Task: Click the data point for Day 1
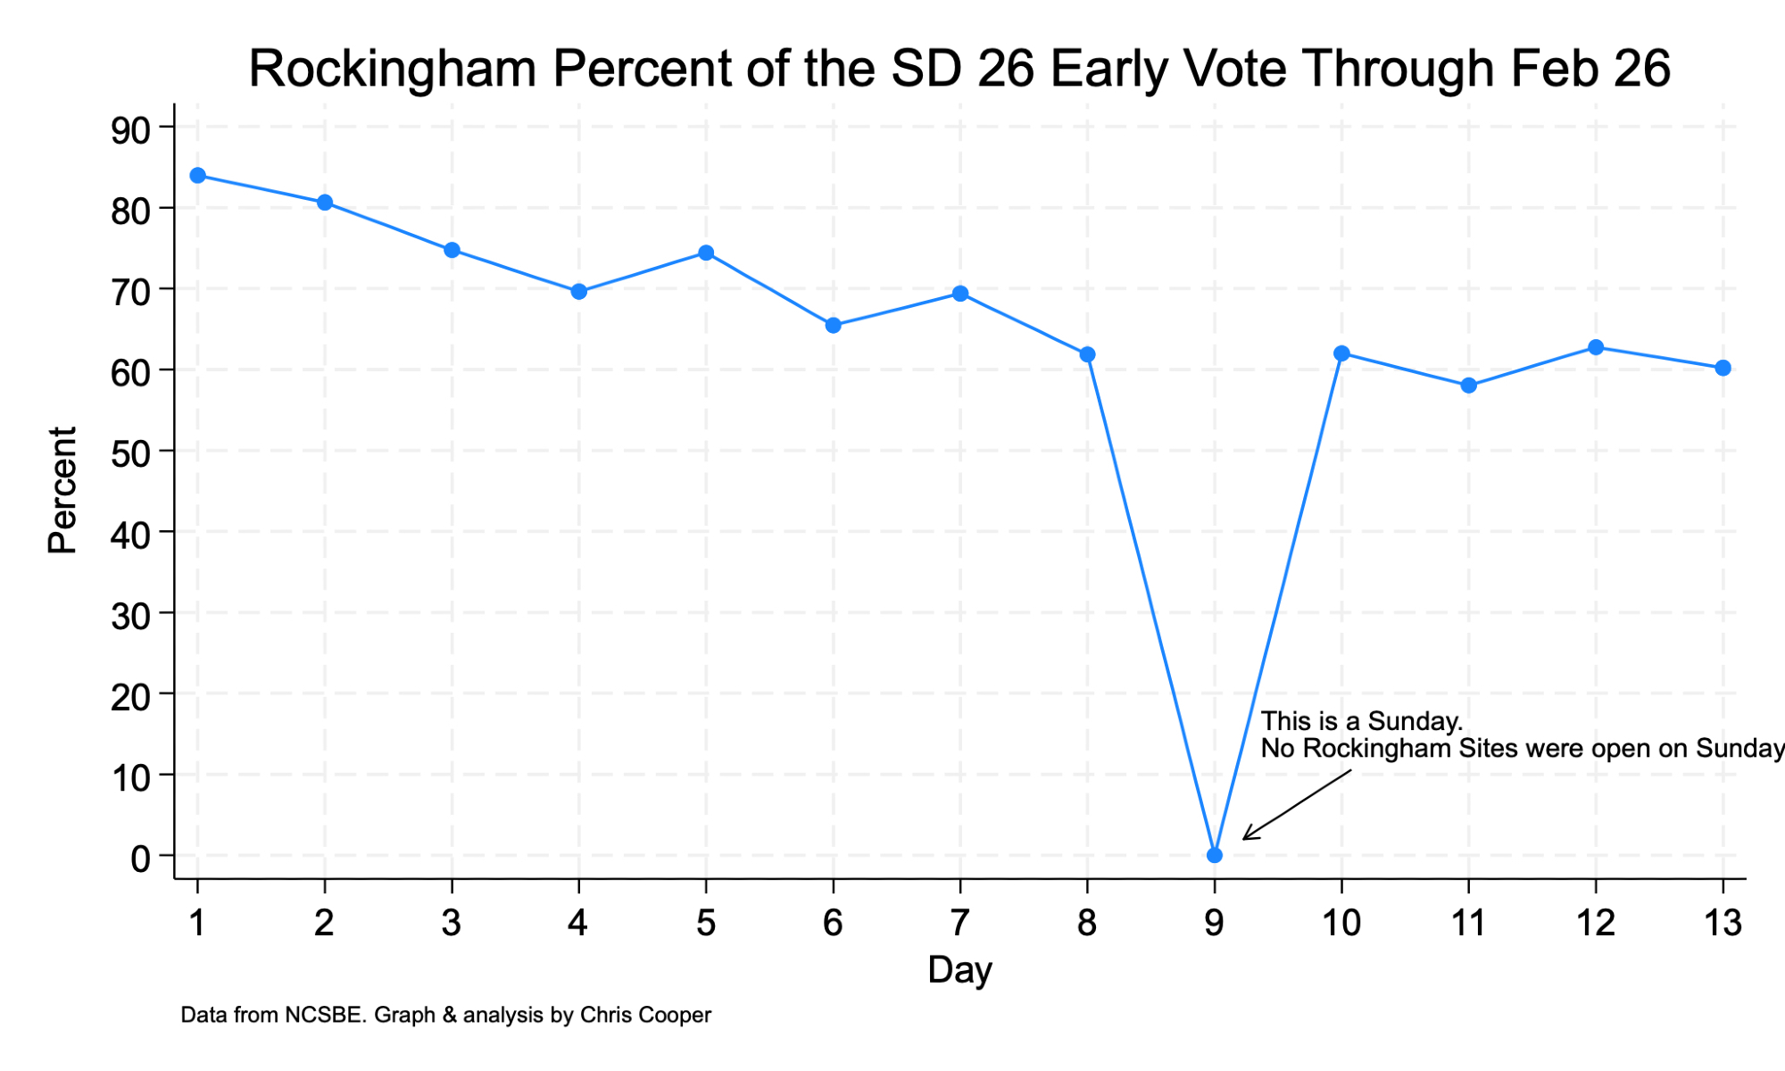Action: pos(198,176)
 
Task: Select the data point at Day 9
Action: pos(1214,855)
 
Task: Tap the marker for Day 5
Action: pos(706,253)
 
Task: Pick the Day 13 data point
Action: pos(1723,368)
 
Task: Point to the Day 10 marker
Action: pos(1341,353)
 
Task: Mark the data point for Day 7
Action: pos(960,294)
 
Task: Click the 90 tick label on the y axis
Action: pos(131,129)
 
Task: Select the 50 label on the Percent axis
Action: pos(131,453)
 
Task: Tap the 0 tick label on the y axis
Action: pos(141,859)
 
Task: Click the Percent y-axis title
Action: pos(62,491)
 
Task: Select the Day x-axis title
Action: pos(959,970)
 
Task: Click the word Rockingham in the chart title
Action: pos(393,70)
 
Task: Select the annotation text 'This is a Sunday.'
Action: pos(1361,721)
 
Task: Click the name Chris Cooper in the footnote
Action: pos(645,1015)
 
